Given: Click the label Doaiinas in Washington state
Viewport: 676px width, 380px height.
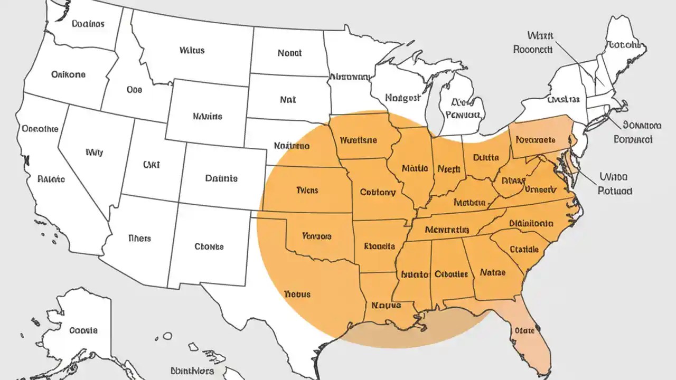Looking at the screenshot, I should click(88, 24).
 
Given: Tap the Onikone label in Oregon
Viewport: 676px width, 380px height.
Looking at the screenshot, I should click(68, 74).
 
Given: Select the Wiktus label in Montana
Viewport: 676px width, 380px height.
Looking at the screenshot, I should click(192, 51).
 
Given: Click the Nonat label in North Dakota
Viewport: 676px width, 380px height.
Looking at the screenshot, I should click(289, 53).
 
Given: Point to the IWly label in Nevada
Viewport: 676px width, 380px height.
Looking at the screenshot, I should click(94, 153).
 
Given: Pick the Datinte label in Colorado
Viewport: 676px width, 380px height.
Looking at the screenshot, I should click(221, 178).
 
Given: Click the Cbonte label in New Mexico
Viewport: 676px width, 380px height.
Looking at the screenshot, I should click(209, 246).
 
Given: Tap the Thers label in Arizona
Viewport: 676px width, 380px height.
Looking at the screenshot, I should click(139, 238).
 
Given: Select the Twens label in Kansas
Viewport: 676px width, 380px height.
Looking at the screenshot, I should click(307, 190).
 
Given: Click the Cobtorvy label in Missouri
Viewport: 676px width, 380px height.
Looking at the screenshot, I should click(377, 193).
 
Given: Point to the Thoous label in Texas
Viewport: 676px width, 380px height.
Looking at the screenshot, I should click(297, 294).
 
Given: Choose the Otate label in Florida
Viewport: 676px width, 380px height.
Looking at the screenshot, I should click(524, 330).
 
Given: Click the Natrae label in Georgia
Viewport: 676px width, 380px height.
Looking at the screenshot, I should click(493, 273).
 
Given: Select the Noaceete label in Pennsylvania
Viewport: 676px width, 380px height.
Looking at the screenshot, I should click(536, 140).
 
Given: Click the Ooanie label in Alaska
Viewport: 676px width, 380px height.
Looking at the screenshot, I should click(83, 331).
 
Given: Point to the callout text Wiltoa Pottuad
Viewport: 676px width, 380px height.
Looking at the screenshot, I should click(615, 184).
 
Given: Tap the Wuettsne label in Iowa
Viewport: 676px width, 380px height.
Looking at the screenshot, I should click(358, 140).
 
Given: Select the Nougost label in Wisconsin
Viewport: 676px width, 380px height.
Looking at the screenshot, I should click(402, 98).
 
